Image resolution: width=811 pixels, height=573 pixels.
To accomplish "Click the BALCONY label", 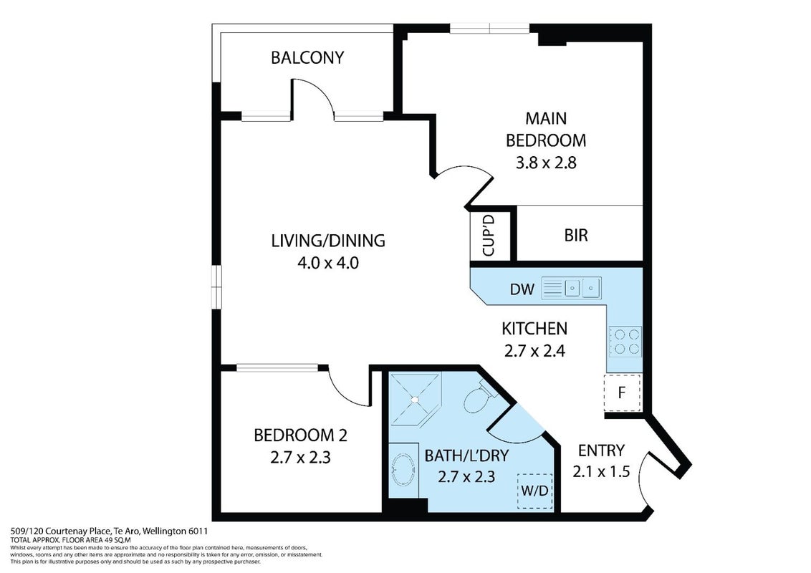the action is pyautogui.click(x=307, y=57).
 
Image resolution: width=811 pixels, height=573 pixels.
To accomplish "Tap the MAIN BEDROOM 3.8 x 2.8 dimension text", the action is pyautogui.click(x=546, y=163).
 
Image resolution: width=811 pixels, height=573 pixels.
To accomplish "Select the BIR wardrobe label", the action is pyautogui.click(x=576, y=236).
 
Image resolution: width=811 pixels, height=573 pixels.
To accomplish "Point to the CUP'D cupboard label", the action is pyautogui.click(x=489, y=236).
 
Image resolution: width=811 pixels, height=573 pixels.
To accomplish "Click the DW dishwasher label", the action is pyautogui.click(x=522, y=289).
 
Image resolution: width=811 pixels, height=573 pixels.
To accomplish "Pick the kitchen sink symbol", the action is pyautogui.click(x=571, y=288).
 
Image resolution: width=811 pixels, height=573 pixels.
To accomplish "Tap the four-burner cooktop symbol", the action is pyautogui.click(x=625, y=342).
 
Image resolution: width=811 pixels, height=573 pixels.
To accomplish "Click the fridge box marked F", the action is pyautogui.click(x=622, y=393).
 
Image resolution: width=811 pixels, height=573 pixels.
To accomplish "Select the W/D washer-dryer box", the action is pyautogui.click(x=534, y=491).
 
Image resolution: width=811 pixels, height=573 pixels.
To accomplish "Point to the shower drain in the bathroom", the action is pyautogui.click(x=414, y=399).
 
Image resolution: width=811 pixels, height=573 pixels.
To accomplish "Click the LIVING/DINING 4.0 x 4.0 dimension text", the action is pyautogui.click(x=328, y=264).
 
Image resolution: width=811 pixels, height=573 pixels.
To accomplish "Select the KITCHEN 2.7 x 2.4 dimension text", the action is pyautogui.click(x=534, y=351).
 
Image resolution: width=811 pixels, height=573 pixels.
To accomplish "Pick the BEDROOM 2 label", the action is pyautogui.click(x=300, y=435).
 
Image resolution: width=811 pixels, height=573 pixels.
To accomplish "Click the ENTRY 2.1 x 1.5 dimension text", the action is pyautogui.click(x=601, y=471).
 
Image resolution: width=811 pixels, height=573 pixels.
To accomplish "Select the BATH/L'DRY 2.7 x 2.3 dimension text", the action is pyautogui.click(x=466, y=476).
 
